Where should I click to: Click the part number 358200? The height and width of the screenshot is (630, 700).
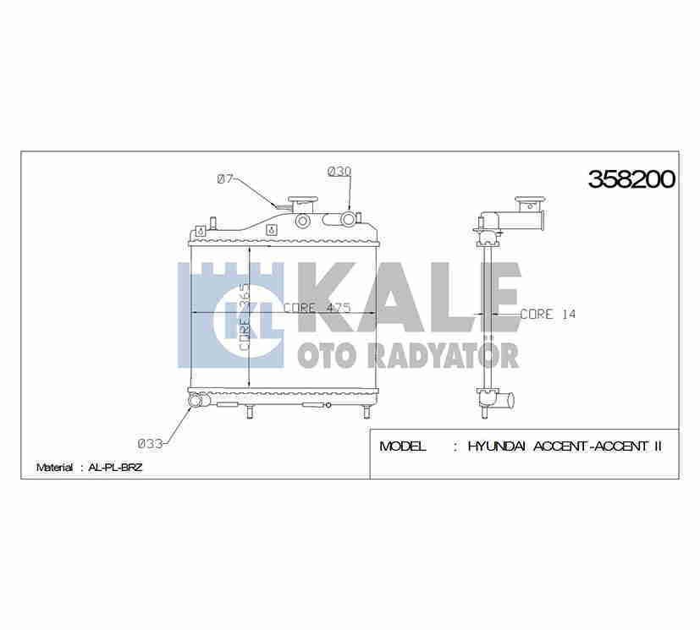pos(631,178)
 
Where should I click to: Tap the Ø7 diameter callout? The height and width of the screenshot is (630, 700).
pos(225,178)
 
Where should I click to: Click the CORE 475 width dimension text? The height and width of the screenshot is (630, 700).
pos(317,308)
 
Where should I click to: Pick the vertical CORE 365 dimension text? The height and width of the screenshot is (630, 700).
pos(243,316)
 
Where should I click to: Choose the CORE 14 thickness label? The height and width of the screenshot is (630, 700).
pos(548,314)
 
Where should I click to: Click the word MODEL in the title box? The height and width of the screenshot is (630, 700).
pos(403,446)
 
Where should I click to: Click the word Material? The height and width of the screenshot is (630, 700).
pos(54,467)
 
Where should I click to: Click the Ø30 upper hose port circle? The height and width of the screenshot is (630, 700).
pos(348,221)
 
